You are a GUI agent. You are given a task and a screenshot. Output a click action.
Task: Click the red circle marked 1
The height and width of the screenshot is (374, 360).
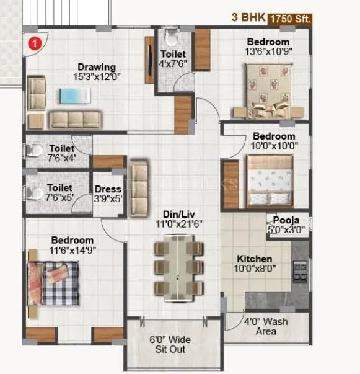click(35, 43)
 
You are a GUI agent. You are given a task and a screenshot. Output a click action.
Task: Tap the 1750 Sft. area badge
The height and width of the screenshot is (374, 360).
click(289, 19)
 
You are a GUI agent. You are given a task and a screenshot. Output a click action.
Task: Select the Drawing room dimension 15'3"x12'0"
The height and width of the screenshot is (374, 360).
click(97, 78)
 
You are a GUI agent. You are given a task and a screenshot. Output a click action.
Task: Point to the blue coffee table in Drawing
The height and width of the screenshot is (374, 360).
click(74, 96)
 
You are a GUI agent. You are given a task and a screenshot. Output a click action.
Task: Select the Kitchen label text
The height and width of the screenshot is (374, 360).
click(255, 259)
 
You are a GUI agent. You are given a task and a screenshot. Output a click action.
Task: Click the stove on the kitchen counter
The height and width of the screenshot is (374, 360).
click(300, 272)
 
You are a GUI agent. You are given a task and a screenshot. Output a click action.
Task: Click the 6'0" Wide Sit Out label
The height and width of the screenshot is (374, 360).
click(170, 344)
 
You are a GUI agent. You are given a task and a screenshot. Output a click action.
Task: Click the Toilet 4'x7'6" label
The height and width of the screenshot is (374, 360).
click(173, 58)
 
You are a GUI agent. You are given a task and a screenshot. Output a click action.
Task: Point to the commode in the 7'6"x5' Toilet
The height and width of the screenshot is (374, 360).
click(34, 193)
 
